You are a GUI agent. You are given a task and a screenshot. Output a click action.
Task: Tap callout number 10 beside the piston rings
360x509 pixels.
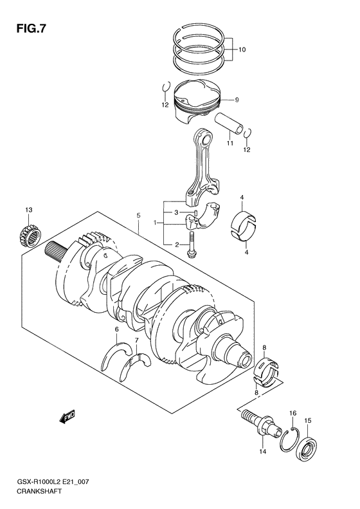click(x=242, y=50)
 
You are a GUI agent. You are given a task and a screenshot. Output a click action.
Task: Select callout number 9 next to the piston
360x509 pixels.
click(x=237, y=100)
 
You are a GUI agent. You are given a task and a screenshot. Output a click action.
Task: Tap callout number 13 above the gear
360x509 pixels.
click(x=28, y=210)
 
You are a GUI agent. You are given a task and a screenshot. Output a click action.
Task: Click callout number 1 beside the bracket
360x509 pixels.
click(x=154, y=223)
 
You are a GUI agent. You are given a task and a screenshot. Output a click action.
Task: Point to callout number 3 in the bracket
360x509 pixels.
click(x=175, y=213)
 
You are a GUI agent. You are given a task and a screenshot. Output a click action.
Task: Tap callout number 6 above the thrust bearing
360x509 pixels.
click(x=116, y=329)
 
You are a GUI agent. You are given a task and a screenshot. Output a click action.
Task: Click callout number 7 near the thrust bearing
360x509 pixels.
click(x=136, y=340)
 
